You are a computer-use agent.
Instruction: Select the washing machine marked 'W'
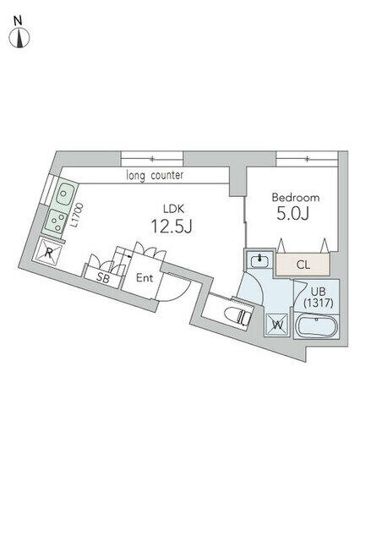pos(277,324)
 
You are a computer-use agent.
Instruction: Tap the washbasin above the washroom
pos(258,261)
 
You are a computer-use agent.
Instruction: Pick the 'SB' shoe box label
pos(102,277)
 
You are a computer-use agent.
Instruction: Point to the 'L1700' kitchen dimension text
pos(78,216)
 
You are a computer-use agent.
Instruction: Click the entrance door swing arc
pos(176,289)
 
